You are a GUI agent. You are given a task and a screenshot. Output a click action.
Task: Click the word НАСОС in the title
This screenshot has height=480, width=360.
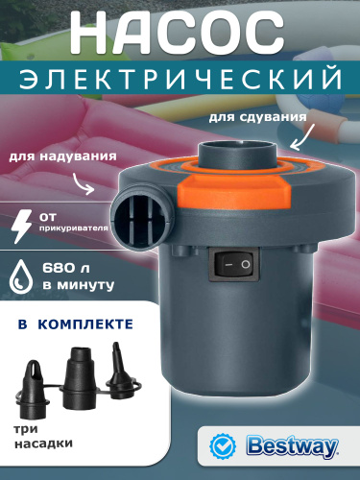(177, 33)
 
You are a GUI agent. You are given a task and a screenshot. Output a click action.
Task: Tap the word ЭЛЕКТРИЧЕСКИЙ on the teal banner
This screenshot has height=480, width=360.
(180, 78)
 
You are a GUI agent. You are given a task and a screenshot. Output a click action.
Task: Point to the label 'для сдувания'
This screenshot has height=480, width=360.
(257, 117)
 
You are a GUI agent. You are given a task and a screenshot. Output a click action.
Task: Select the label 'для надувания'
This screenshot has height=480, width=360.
(62, 156)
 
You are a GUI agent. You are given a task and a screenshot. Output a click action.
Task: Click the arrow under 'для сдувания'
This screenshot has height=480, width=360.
(301, 138)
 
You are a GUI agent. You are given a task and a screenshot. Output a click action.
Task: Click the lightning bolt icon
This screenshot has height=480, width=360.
(21, 227)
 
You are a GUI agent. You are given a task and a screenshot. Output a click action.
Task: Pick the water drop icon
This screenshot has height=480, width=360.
(21, 276)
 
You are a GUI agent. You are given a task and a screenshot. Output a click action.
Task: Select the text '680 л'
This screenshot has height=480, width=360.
(66, 268)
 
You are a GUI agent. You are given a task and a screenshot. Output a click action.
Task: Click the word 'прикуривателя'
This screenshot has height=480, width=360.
(73, 228)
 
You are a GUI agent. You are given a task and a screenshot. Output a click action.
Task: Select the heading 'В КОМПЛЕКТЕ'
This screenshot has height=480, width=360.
(76, 324)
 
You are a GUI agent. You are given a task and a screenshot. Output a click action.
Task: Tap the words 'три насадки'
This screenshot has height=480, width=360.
(43, 437)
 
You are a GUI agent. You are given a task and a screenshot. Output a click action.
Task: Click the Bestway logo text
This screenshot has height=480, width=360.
(292, 445)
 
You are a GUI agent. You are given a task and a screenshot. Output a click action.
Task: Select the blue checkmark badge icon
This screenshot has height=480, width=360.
(223, 445)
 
